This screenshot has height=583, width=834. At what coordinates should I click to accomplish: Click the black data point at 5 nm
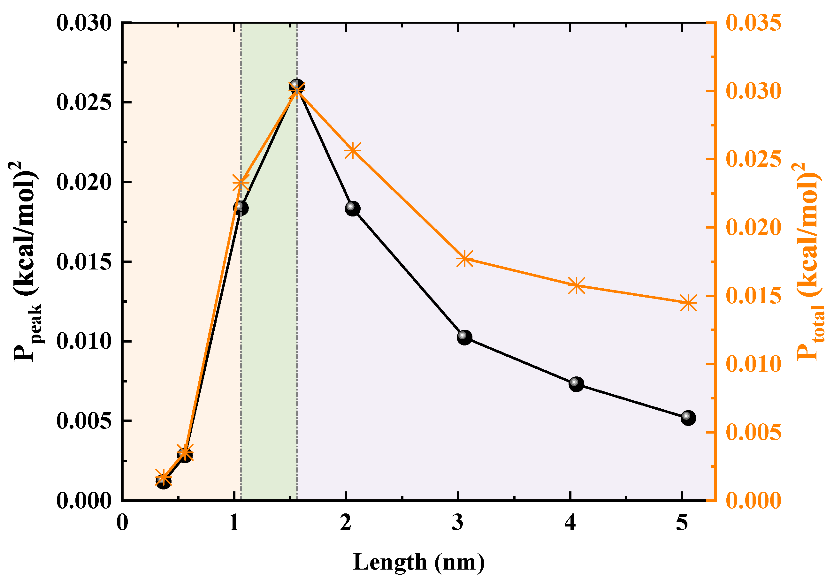(x=688, y=418)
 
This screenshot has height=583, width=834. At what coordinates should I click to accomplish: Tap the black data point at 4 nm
(x=576, y=384)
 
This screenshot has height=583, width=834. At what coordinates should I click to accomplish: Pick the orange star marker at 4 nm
(x=577, y=286)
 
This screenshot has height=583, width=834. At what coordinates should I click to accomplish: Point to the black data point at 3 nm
(x=464, y=337)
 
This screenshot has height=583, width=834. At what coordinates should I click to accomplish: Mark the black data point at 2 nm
(x=352, y=208)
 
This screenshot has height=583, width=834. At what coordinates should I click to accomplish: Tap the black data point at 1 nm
(x=241, y=208)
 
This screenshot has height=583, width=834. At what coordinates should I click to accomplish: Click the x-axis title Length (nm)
(x=418, y=562)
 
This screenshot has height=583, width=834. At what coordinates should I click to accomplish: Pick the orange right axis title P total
(x=808, y=261)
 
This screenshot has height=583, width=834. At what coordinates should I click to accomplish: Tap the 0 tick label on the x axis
(x=122, y=523)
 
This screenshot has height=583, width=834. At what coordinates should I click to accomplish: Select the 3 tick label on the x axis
(x=458, y=523)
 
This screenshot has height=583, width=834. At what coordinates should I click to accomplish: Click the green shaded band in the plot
(x=269, y=327)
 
